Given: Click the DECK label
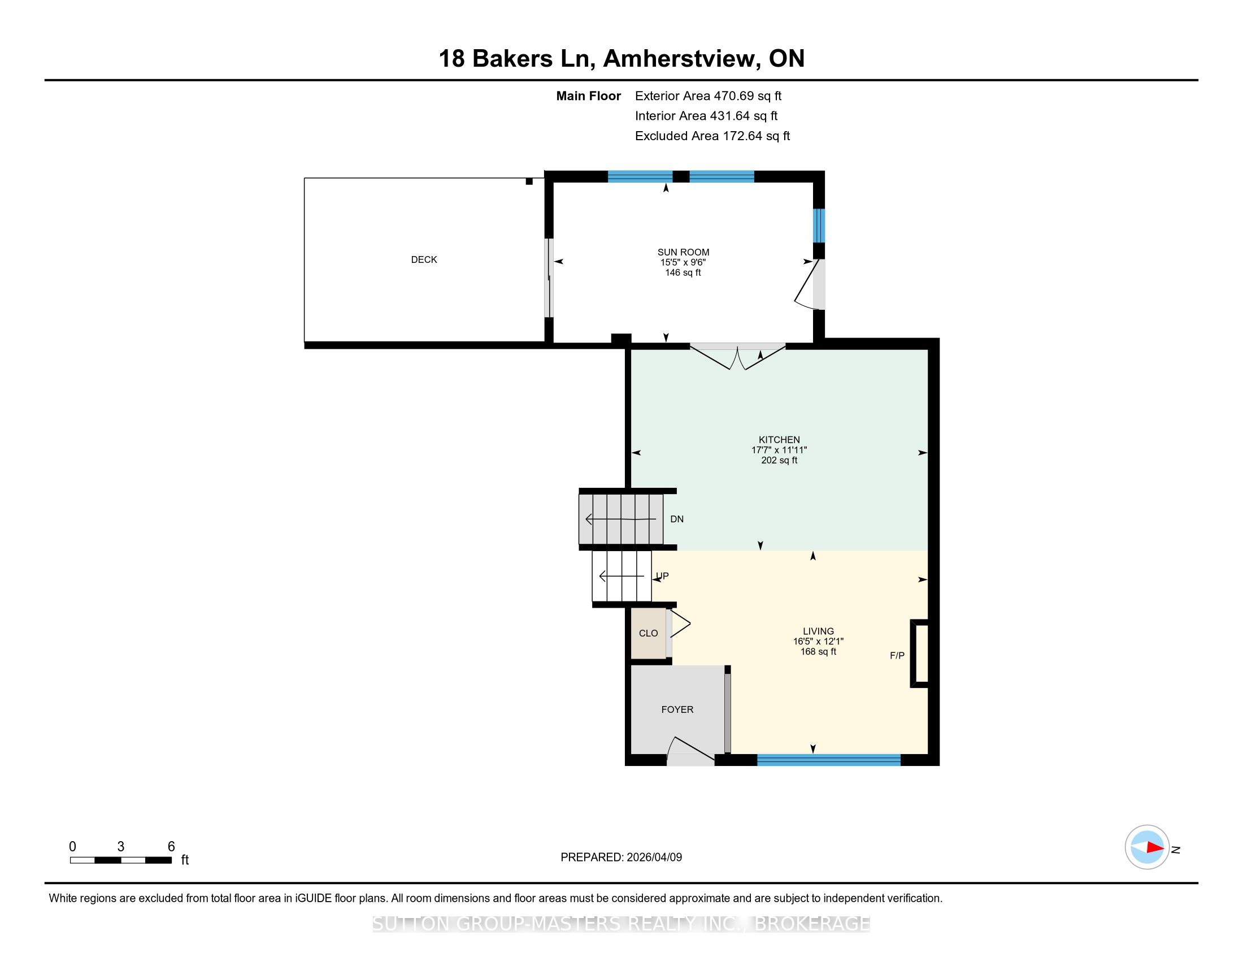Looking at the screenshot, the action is coord(424,259).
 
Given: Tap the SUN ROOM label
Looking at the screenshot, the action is coord(683,252).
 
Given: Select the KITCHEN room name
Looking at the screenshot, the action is coord(779,439).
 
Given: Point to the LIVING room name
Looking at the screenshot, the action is coord(819,631).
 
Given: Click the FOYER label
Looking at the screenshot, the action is coord(677,709).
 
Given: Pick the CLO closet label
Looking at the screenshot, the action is coord(648,633).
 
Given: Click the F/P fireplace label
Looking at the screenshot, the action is coord(897,655).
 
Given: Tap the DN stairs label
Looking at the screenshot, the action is coord(677,518).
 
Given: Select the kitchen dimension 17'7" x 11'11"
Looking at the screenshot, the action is coord(779,450).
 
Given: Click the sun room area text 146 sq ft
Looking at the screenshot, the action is coord(683,272).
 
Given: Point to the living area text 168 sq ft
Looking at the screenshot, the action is coord(819,651).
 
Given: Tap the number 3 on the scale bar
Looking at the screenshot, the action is coord(121,847).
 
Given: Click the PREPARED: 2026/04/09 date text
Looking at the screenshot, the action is coord(621,857).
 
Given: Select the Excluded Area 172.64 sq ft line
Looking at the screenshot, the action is coord(712,136).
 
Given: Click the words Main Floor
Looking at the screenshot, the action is coord(589,96).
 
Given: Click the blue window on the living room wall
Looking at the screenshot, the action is coord(829,759).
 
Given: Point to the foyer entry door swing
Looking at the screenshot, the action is coord(691,750).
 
